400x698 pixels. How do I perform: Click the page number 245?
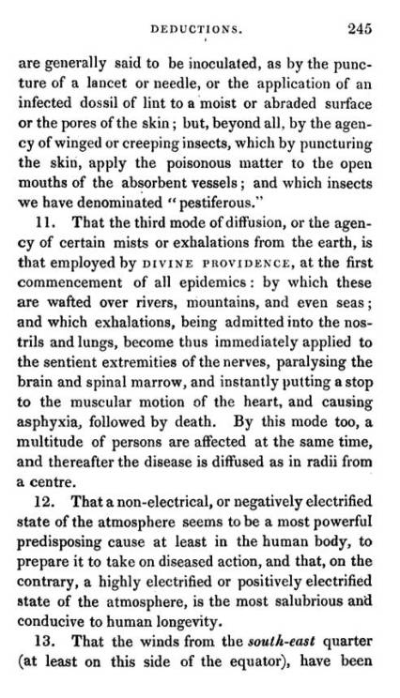click(359, 29)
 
